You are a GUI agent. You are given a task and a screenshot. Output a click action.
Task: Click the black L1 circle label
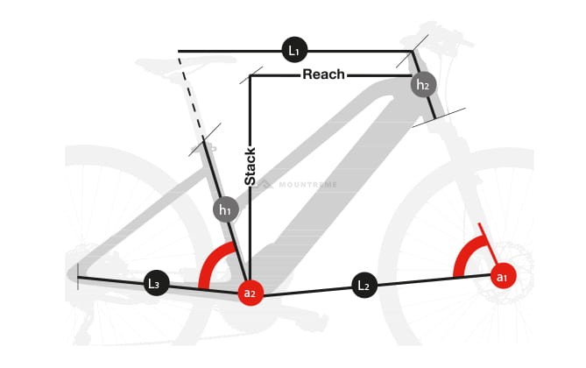(294, 51)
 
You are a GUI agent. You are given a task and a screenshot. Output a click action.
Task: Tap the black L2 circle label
(364, 285)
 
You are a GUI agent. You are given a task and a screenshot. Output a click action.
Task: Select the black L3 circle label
(155, 283)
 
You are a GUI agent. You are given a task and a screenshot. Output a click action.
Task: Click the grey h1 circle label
(225, 209)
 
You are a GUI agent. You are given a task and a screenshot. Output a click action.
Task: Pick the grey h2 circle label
(423, 85)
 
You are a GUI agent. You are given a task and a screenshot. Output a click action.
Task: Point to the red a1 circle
(502, 277)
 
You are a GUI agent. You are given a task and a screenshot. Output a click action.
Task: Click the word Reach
(323, 74)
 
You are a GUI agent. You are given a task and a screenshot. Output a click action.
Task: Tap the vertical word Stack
(251, 167)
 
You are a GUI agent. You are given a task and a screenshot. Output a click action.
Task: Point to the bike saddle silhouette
(166, 63)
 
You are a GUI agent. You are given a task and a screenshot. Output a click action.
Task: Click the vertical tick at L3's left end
(78, 277)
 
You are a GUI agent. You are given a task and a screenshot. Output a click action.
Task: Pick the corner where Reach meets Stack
(251, 76)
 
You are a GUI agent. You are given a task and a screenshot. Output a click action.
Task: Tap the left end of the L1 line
(179, 51)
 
